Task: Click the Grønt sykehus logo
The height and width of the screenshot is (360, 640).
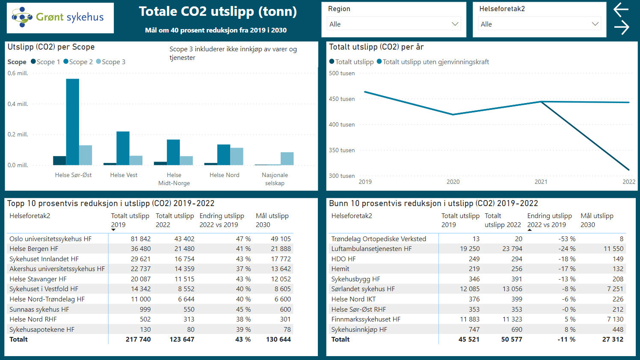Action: [60, 18]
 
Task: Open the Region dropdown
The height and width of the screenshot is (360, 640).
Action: [394, 24]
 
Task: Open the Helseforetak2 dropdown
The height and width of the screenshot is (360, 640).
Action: [539, 24]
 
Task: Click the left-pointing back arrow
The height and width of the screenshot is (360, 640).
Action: [621, 9]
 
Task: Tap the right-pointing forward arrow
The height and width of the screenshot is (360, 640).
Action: [621, 27]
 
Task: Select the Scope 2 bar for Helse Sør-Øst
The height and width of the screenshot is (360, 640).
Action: [72, 122]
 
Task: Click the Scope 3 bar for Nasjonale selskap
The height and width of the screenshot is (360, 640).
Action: [287, 159]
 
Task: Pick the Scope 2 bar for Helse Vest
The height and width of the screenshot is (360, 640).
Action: [123, 148]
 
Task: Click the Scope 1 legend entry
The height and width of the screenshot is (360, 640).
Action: [45, 62]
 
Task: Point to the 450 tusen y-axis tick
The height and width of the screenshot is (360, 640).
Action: [341, 99]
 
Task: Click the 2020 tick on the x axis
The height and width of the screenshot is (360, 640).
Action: [453, 182]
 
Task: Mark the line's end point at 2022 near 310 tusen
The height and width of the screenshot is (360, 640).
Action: [628, 170]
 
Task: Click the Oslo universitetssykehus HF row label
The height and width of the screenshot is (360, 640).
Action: [50, 239]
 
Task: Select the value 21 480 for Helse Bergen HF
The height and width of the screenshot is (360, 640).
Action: [184, 249]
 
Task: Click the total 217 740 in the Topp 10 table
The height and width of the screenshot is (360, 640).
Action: [138, 339]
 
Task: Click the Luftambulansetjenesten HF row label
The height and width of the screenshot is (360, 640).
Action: [371, 249]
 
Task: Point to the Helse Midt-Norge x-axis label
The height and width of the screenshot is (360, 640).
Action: [174, 179]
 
